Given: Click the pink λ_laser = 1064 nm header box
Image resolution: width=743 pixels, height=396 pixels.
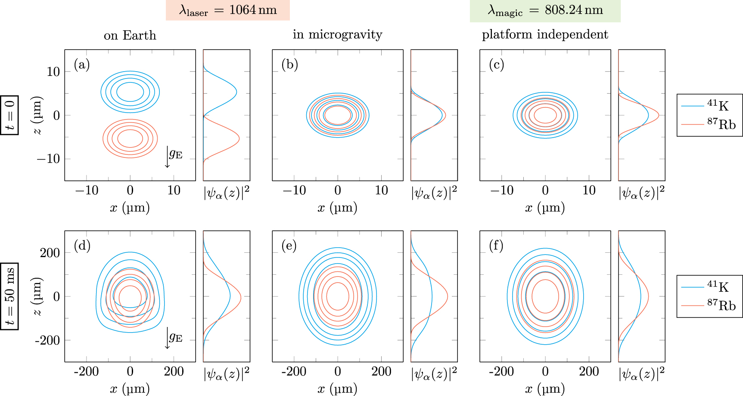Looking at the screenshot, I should tap(227, 10).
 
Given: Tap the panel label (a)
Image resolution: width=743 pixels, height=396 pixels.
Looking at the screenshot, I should tap(82, 65).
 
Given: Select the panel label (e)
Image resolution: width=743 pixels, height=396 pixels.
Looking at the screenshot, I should tap(289, 246).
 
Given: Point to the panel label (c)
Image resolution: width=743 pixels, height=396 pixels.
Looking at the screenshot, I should tap(497, 65).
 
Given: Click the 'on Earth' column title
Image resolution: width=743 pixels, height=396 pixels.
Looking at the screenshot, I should tap(130, 35).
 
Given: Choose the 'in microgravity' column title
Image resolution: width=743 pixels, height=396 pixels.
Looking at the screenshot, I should tap(337, 35).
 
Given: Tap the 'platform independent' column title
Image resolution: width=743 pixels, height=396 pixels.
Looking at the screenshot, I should tap(545, 35).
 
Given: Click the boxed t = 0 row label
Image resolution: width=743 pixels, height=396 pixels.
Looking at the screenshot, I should tap(9, 115).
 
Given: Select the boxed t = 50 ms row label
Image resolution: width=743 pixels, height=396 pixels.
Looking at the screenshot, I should tap(9, 296).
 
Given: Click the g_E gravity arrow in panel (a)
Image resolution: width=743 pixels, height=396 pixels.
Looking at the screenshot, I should tap(168, 156).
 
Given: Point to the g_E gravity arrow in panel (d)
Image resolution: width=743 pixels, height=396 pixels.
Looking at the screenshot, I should tap(168, 337).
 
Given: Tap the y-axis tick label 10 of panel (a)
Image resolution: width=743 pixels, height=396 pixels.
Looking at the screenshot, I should tap(53, 72).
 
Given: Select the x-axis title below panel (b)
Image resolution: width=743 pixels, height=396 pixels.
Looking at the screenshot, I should tap(337, 208).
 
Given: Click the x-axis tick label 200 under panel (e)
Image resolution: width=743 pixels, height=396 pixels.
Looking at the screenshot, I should tap(381, 371).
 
